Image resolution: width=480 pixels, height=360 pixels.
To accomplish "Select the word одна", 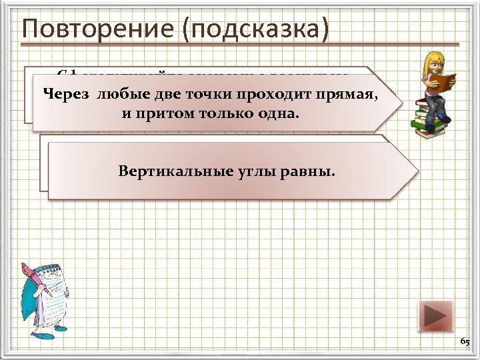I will (278, 113).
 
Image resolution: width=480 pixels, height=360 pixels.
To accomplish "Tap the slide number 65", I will (465, 342).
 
